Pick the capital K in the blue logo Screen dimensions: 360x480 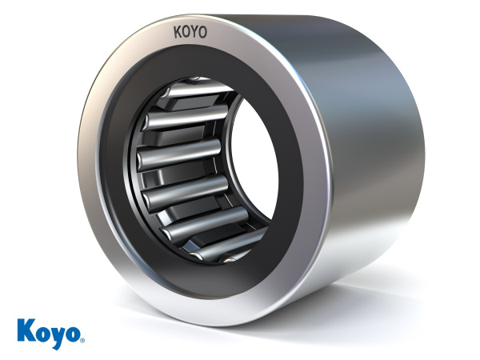(x=25, y=330)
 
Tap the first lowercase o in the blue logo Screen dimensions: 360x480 (x=40, y=334)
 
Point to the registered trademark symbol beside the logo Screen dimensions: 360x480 (x=82, y=341)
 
